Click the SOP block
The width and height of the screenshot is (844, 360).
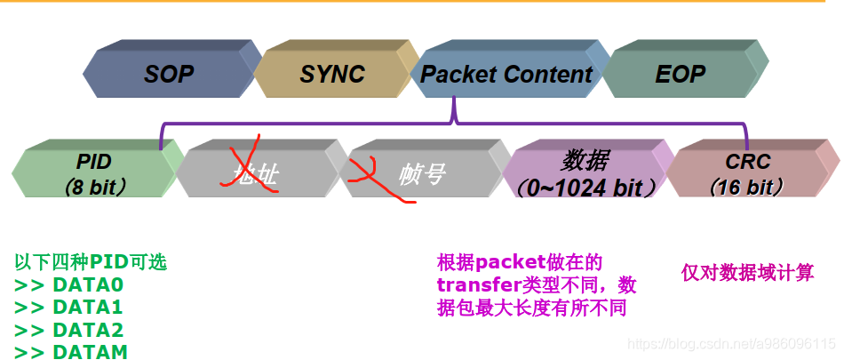click(169, 74)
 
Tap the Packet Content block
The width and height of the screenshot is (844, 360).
click(506, 74)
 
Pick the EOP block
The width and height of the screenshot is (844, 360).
click(680, 74)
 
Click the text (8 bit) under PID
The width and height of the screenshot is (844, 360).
click(95, 188)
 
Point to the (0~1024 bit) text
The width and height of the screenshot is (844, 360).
click(585, 188)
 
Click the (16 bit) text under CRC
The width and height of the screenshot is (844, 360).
click(747, 188)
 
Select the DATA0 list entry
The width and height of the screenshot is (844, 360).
click(69, 285)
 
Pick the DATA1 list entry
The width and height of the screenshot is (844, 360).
click(69, 308)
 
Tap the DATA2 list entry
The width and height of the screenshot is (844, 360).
click(69, 330)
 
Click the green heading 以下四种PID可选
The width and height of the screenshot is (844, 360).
click(91, 262)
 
